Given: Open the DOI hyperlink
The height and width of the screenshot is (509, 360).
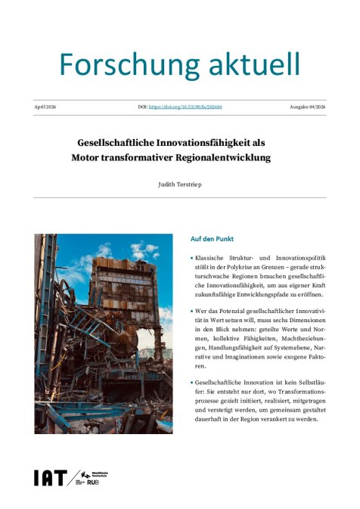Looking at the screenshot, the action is tap(190, 107).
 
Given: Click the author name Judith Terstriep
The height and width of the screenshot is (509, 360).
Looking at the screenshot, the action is tap(180, 184).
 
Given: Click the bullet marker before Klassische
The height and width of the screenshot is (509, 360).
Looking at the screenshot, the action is tap(192, 258).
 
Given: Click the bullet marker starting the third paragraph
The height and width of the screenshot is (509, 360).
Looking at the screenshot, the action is tap(192, 383).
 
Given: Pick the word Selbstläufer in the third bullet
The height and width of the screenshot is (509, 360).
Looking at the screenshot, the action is tap(312, 383).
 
